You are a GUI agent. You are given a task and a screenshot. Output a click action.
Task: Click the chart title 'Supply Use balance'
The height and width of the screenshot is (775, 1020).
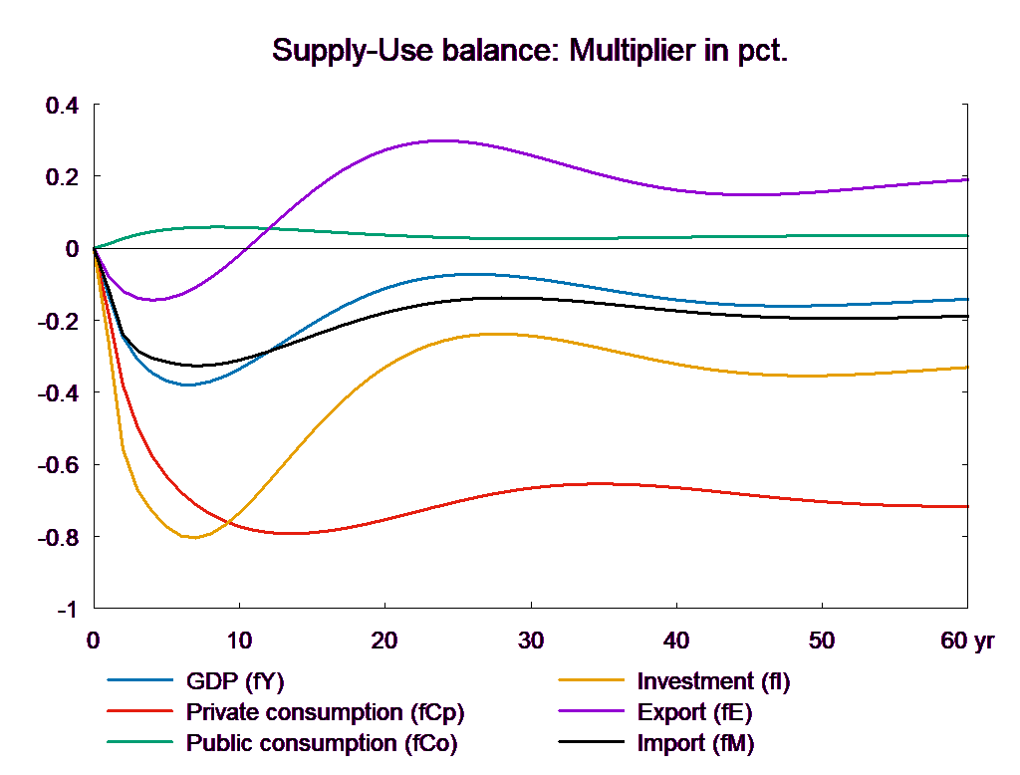530,51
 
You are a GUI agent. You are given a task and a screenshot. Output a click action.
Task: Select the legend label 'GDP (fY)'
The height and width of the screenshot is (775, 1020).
235,682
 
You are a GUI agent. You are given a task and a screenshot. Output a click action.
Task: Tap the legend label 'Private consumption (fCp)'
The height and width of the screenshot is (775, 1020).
325,713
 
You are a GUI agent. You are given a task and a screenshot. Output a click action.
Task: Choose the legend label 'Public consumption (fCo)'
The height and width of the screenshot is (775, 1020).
322,743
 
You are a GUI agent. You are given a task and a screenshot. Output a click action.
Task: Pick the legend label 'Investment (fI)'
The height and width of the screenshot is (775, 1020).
713,682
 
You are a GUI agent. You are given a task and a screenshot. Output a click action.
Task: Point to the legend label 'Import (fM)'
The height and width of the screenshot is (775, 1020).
696,743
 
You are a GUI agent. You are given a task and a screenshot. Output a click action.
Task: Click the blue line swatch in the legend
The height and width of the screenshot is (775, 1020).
140,682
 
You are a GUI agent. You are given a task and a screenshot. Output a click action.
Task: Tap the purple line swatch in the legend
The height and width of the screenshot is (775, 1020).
592,713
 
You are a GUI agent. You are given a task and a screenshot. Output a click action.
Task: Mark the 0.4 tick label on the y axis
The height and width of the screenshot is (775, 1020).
62,106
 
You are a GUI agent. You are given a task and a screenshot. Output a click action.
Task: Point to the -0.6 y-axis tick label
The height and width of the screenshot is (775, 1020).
58,465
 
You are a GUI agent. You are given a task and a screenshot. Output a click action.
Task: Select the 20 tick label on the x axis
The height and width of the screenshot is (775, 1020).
384,642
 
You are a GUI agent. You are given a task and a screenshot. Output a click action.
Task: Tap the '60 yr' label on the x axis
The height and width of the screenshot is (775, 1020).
967,642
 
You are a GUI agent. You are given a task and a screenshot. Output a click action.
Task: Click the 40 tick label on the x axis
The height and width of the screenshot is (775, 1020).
675,642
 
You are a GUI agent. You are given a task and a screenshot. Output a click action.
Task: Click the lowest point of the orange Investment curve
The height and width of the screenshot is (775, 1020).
193,538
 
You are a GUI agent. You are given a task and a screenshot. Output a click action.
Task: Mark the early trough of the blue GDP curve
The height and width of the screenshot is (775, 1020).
186,385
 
